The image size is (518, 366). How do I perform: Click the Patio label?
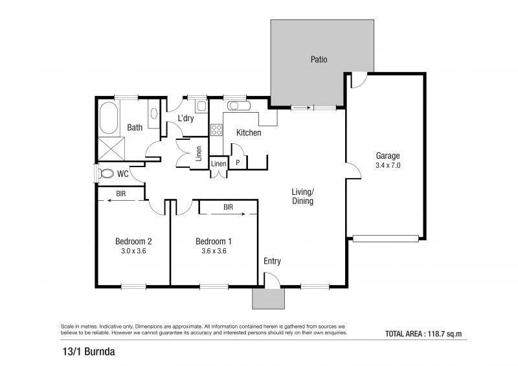319,60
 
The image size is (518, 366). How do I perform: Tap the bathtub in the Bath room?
109,118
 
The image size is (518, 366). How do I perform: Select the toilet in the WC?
106,173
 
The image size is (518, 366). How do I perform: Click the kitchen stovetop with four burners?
216,130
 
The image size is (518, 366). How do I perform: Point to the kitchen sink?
238,106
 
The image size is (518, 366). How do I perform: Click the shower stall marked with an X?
111,149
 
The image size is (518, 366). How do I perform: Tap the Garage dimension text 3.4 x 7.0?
388,165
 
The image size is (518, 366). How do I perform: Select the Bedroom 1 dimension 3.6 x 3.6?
214,251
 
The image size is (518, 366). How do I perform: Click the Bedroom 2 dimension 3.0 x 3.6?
133,251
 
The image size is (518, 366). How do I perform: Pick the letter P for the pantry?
238,163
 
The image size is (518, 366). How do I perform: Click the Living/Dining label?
302,196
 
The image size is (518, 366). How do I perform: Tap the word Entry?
272,261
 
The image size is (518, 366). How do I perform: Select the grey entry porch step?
268,298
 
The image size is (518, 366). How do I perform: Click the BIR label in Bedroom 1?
229,207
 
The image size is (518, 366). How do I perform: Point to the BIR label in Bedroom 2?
121,194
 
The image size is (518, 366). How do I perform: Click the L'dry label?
186,118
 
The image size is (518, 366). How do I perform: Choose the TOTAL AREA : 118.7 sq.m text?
423,334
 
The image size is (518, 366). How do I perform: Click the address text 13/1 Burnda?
89,351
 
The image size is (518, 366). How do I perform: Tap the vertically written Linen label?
199,154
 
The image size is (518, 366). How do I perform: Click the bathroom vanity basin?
153,113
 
